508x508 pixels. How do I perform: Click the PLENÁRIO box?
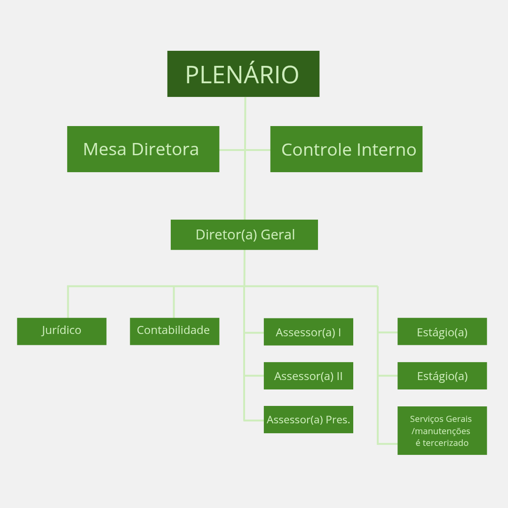243,74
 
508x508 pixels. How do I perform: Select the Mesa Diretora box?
143,149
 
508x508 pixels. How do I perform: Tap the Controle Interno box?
346,149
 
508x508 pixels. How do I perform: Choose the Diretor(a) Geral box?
244,235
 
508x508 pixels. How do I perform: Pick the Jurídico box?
62,331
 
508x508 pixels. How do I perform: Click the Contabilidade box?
175,331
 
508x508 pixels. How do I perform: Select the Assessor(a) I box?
308,332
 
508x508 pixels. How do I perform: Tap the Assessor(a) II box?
308,376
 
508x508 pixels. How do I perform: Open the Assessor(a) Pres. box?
308,420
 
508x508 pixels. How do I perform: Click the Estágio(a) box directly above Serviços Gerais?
442,376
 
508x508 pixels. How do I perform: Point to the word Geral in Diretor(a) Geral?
278,235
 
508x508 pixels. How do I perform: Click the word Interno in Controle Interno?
386,150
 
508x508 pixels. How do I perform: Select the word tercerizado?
442,443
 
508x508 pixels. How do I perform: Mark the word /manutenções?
441,431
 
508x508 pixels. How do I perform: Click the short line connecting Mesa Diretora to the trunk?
232,150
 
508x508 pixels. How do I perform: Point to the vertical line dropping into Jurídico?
68,302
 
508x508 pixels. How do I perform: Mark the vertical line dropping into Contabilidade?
174,302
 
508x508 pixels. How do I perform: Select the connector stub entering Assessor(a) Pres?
254,420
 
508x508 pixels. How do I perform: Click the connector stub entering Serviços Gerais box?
388,444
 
